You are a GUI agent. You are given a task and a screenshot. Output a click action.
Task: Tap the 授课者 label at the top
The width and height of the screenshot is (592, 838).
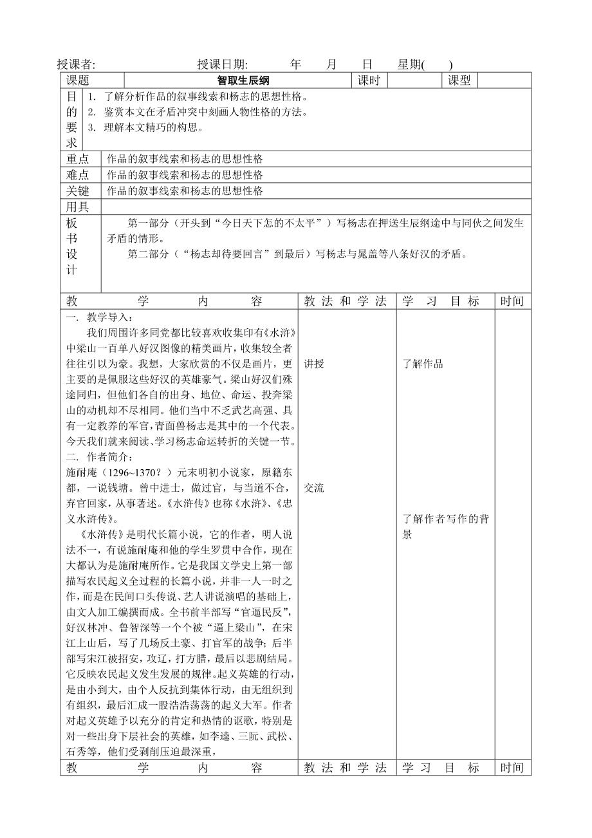(x=76, y=64)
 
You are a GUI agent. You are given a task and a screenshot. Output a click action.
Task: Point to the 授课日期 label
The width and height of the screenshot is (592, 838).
(x=223, y=64)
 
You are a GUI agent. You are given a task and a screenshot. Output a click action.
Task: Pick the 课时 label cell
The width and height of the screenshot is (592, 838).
(x=369, y=81)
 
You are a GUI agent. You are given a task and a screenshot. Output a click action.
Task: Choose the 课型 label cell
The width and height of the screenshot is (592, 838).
(x=459, y=81)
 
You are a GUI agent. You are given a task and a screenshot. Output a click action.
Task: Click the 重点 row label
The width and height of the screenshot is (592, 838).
(x=78, y=159)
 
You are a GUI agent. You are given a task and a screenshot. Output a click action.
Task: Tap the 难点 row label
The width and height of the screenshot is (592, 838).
(x=78, y=175)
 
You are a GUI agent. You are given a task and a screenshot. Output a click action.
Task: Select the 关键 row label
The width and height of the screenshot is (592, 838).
(x=78, y=191)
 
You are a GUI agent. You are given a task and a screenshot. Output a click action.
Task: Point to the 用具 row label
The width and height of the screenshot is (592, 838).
(x=78, y=207)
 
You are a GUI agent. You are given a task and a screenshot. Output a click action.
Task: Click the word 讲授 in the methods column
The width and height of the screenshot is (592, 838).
(x=314, y=364)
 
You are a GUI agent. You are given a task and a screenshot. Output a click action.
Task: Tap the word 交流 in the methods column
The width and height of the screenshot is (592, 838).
(x=314, y=489)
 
